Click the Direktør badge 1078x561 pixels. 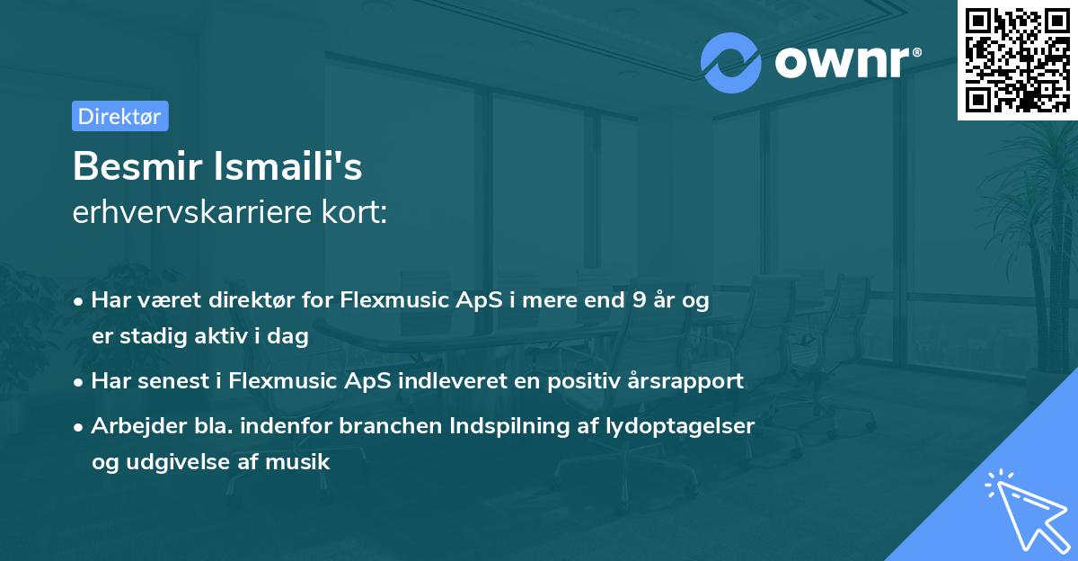point(119,116)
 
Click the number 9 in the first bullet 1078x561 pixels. point(640,300)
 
